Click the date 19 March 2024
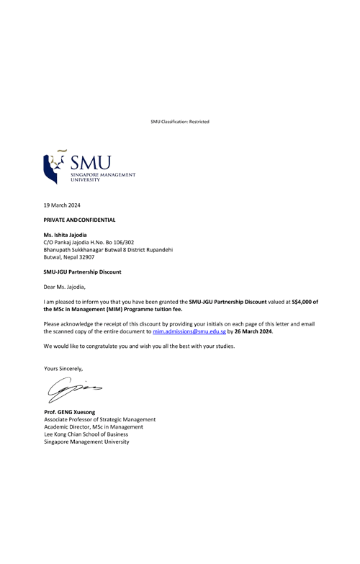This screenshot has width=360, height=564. (62, 205)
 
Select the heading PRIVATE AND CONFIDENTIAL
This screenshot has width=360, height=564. (79, 220)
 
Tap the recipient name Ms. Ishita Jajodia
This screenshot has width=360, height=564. (65, 235)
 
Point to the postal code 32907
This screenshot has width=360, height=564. (86, 257)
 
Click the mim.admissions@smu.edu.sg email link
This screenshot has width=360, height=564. (189, 331)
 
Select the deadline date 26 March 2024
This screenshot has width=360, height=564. (253, 331)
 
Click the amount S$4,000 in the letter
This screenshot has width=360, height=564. (302, 302)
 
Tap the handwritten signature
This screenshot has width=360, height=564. (75, 390)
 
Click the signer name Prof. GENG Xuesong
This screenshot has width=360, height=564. (70, 412)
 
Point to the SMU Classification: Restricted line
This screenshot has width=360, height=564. (180, 122)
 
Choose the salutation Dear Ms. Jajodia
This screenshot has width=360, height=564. (64, 287)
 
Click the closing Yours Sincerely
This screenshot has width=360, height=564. (63, 369)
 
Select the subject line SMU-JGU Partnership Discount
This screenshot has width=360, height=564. (82, 272)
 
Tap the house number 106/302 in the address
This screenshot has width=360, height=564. (124, 243)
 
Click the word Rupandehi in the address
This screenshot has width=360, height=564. (161, 250)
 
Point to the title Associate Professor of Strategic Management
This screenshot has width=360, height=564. (100, 420)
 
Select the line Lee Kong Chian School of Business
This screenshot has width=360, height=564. (86, 434)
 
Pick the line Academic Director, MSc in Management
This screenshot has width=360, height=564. (94, 427)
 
